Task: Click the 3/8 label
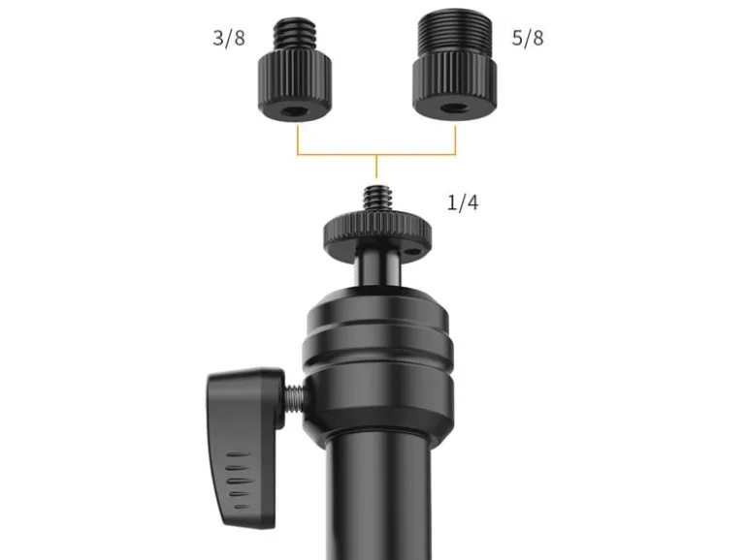pyautogui.click(x=229, y=38)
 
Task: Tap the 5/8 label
pyautogui.click(x=528, y=38)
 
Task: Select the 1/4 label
pyautogui.click(x=463, y=202)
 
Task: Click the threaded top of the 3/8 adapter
pyautogui.click(x=295, y=34)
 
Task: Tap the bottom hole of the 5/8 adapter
pyautogui.click(x=454, y=109)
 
